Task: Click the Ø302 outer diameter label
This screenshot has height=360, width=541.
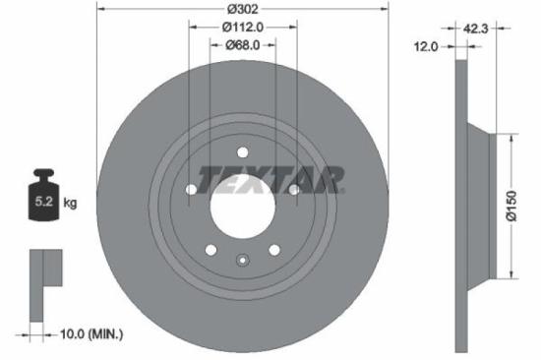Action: (x=242, y=9)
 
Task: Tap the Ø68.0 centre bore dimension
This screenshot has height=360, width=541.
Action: (x=241, y=45)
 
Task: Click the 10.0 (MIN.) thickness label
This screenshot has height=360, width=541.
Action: (x=87, y=335)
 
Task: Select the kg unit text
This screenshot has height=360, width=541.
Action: (x=71, y=204)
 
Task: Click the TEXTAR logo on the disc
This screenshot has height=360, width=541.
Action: (x=270, y=179)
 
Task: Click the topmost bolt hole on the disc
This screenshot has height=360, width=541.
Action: (x=242, y=152)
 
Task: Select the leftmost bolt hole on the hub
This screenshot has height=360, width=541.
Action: (x=191, y=189)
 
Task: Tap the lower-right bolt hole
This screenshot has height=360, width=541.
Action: (x=273, y=249)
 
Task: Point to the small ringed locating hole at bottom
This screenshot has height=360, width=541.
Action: (x=242, y=261)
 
